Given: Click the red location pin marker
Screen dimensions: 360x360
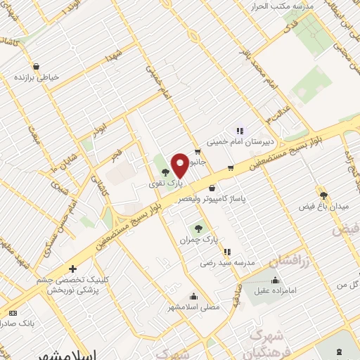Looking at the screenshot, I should (x=179, y=165).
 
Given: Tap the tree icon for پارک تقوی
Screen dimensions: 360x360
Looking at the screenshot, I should (x=165, y=172).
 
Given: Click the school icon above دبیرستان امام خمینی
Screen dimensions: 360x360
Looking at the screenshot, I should (x=239, y=130).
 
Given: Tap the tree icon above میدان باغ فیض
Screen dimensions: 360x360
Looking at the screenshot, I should (x=323, y=195).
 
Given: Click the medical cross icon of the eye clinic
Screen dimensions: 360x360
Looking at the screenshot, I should (x=72, y=269).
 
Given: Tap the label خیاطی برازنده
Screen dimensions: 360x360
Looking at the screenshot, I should (x=36, y=78).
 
